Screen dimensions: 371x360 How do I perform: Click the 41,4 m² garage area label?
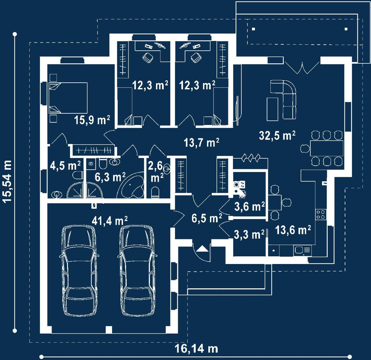(110, 221)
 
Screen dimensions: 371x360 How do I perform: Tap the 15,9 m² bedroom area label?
(92, 120)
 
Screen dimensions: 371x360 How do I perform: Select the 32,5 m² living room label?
(277, 136)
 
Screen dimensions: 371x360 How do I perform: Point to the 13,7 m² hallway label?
(202, 143)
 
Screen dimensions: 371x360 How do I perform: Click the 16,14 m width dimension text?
(196, 348)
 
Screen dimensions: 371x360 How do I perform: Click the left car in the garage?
(79, 270)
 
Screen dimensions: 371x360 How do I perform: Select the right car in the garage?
(137, 270)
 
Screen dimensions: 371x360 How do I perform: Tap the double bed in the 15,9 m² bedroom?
(68, 98)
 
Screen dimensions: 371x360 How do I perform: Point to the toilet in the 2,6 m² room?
(155, 192)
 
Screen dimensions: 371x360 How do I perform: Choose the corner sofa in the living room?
(286, 97)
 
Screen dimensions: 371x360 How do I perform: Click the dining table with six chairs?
(327, 148)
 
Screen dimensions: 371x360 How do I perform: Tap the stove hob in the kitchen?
(321, 215)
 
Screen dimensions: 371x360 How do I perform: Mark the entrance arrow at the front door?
(202, 249)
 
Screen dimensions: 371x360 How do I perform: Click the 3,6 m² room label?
(249, 206)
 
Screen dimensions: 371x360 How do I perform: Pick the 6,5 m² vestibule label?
(207, 218)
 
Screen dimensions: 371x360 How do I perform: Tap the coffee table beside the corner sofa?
(273, 109)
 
